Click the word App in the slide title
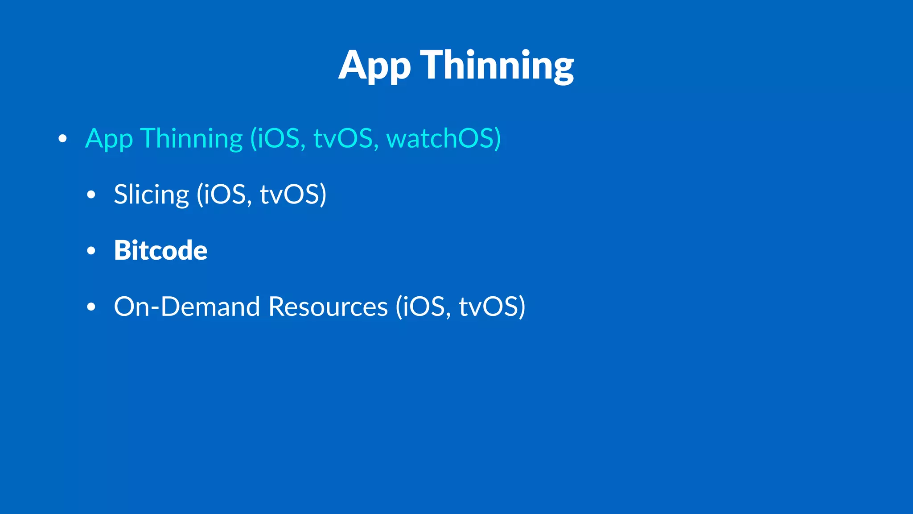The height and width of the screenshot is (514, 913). pos(374,66)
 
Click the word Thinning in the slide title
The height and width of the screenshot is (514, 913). pos(497,66)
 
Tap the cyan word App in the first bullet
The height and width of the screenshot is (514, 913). pos(109,139)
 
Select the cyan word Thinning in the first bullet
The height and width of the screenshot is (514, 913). pos(192,139)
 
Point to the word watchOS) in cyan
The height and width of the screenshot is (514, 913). pos(444,139)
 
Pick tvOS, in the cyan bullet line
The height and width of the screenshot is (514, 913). pos(346,139)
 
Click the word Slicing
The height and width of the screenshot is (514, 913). pos(152,195)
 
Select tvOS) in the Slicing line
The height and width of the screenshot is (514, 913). pos(293,195)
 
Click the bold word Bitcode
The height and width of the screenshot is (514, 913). pos(160,250)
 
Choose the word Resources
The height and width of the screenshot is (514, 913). pos(328,307)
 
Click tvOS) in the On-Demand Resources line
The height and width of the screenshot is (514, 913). pos(492,307)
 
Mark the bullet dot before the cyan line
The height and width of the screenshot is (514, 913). pos(62,139)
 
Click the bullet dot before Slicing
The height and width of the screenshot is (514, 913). pos(91,195)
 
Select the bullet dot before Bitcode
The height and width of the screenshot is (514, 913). pos(91,251)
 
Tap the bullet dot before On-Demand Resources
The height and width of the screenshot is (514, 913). pos(91,307)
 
